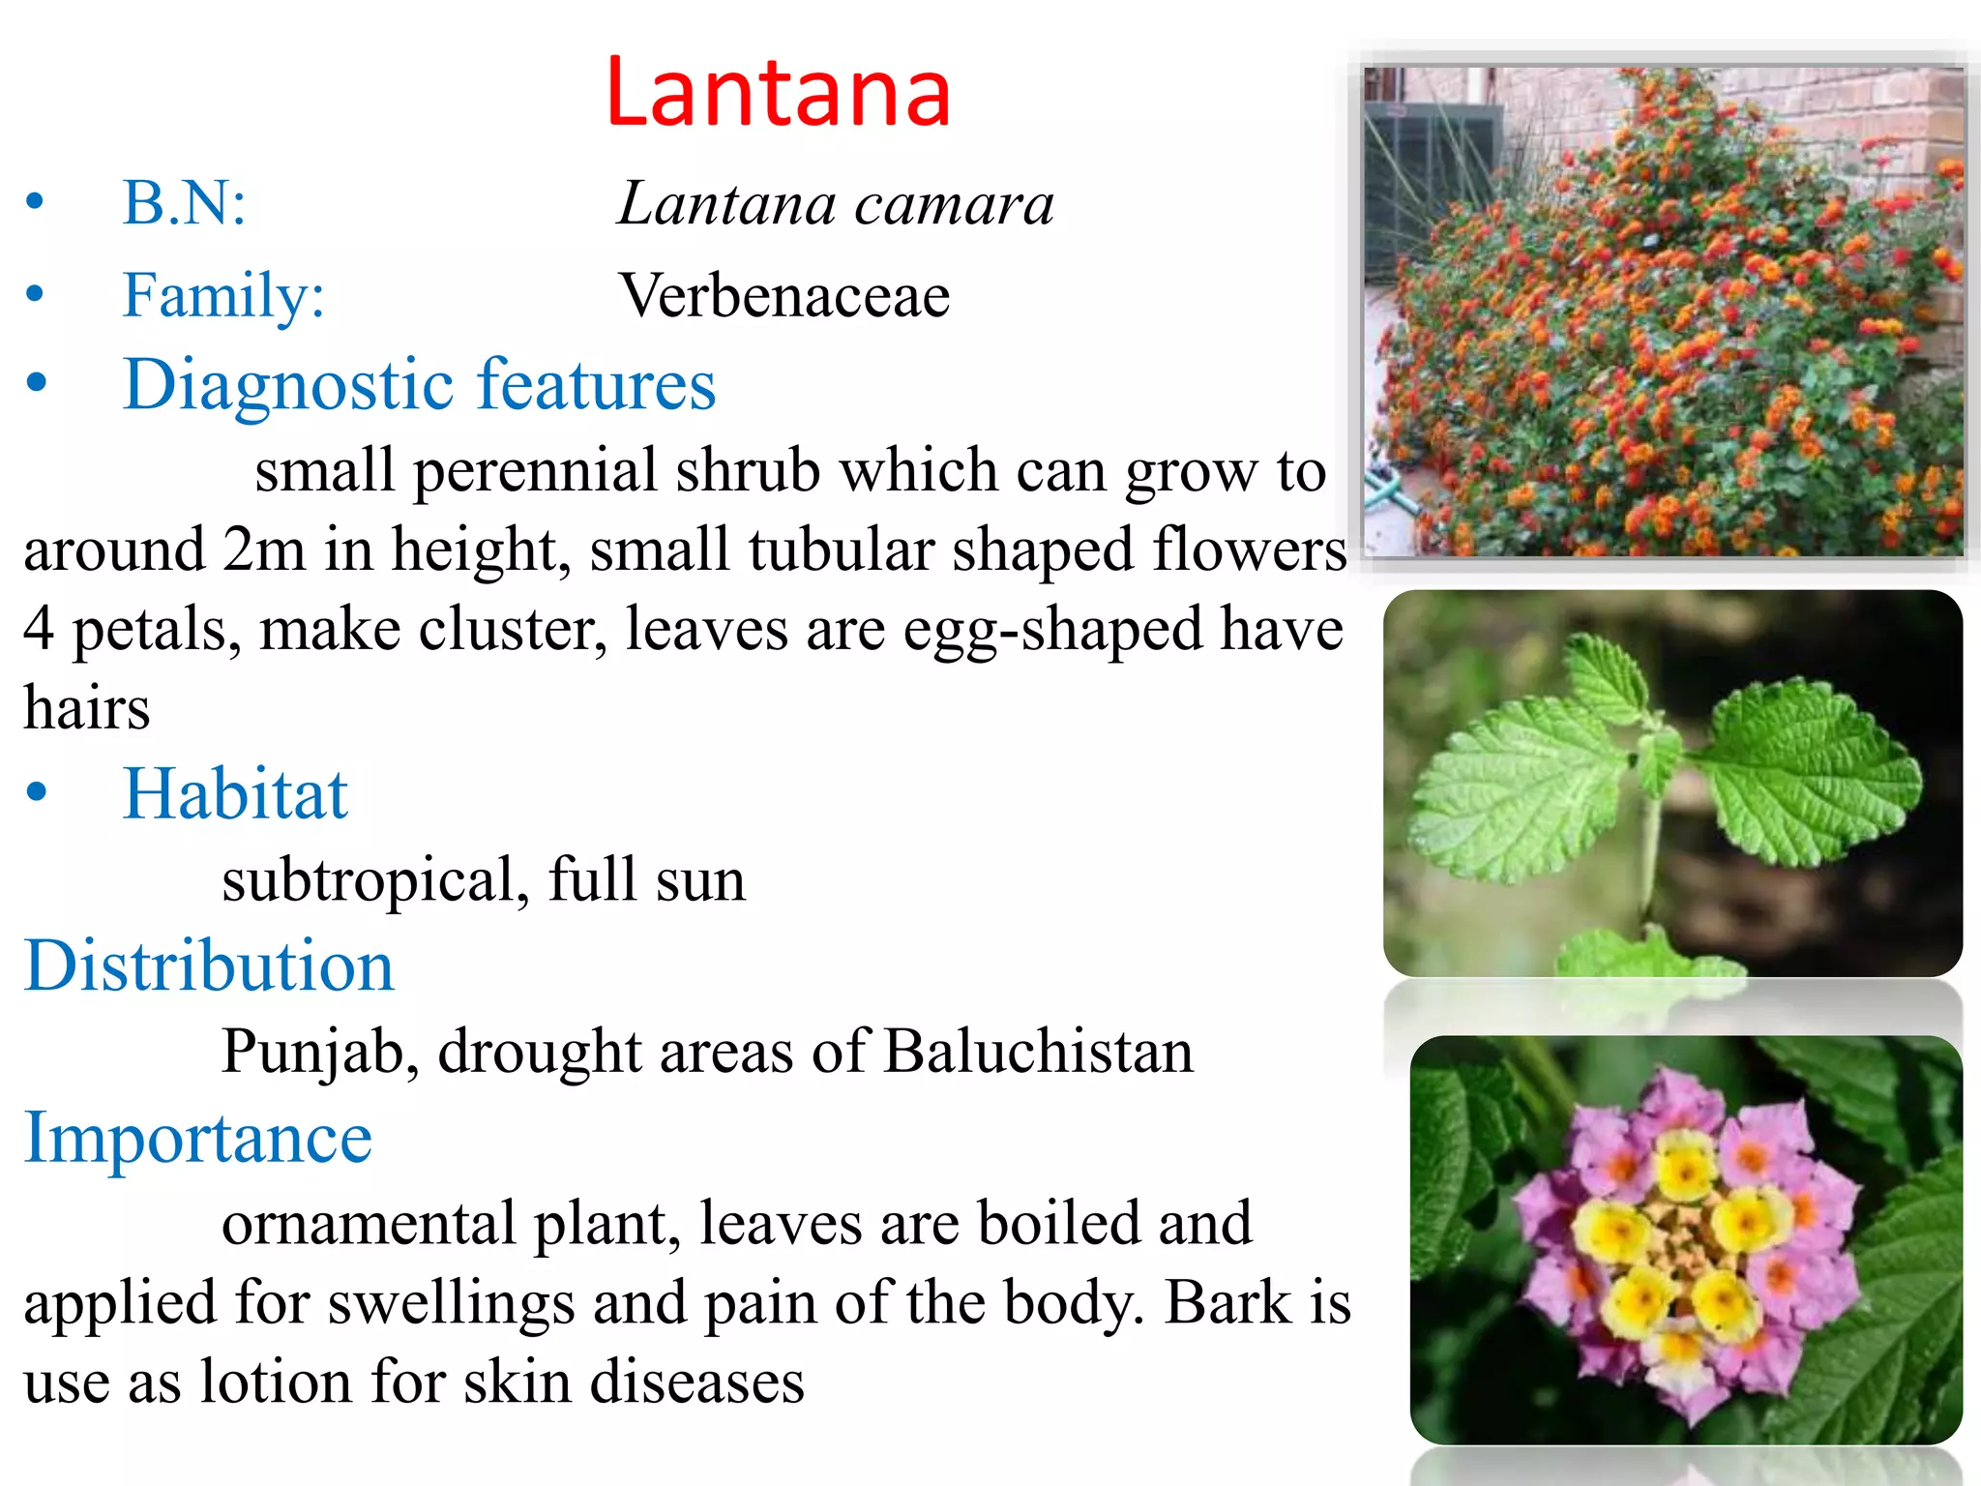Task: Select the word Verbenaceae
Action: pyautogui.click(x=784, y=295)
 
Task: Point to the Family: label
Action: pyautogui.click(x=223, y=295)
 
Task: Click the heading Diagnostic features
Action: pyautogui.click(x=419, y=385)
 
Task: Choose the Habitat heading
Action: pyautogui.click(x=235, y=794)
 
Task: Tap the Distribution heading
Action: pyautogui.click(x=209, y=966)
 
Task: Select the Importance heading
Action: pyautogui.click(x=198, y=1138)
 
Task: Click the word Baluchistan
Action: pyautogui.click(x=1038, y=1052)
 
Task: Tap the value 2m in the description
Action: pyautogui.click(x=263, y=550)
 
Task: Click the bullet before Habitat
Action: pyautogui.click(x=37, y=792)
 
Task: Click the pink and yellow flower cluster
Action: pyautogui.click(x=1685, y=1241)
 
